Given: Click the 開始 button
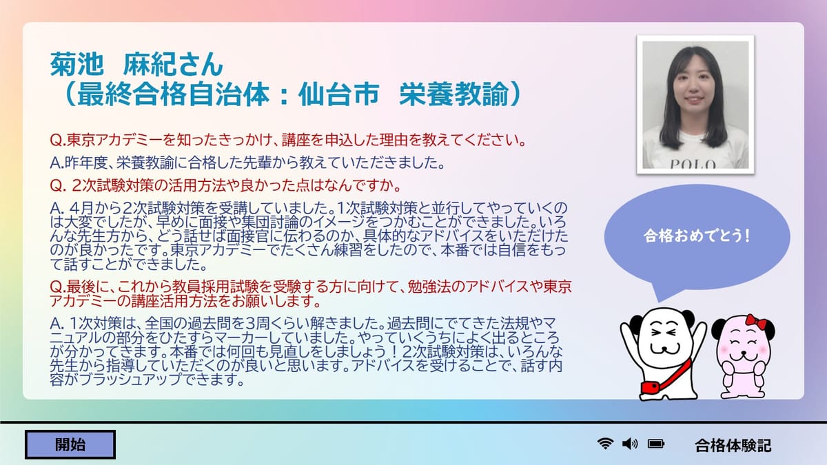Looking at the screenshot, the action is pos(70,444).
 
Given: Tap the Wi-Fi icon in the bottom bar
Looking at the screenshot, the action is pos(605,444).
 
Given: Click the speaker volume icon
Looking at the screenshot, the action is pos(630,444).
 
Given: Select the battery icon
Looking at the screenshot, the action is pos(656,444).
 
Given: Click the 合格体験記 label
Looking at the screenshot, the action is pos(733,446).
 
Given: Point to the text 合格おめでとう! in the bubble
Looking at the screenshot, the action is pos(697,236).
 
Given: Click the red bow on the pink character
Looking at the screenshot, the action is pos(756,322).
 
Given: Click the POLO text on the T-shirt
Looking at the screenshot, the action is pos(693,164).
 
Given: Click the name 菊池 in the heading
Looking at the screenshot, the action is pos(76,64).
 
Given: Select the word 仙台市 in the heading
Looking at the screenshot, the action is pos(338,94).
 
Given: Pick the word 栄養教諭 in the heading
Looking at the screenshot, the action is pos(454,94).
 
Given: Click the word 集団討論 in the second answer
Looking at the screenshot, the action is pos(270,222).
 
